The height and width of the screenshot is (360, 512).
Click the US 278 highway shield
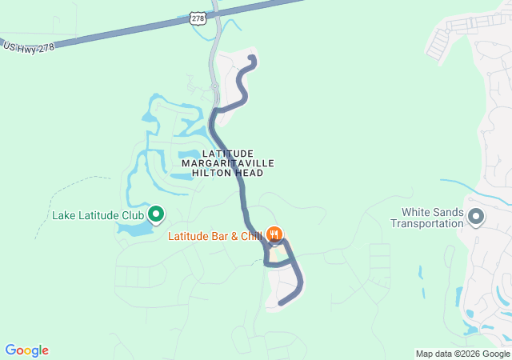point(198,17)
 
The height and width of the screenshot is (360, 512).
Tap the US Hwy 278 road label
point(28,47)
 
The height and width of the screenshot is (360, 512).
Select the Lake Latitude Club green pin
point(156,214)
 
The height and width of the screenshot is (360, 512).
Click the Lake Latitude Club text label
point(98,215)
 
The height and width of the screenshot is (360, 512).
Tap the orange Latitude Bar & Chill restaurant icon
point(274,234)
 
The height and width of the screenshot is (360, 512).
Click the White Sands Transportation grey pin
point(476,217)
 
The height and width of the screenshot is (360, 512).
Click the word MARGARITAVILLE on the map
point(228,163)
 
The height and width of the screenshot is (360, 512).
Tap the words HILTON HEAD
point(228,173)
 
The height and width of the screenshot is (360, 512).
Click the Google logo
point(26,350)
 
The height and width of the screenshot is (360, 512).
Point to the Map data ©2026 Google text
point(462,354)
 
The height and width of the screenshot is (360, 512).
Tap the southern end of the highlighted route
point(281,302)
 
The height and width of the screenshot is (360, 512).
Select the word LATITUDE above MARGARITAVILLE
point(228,153)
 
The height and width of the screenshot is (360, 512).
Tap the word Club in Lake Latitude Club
point(132,215)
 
